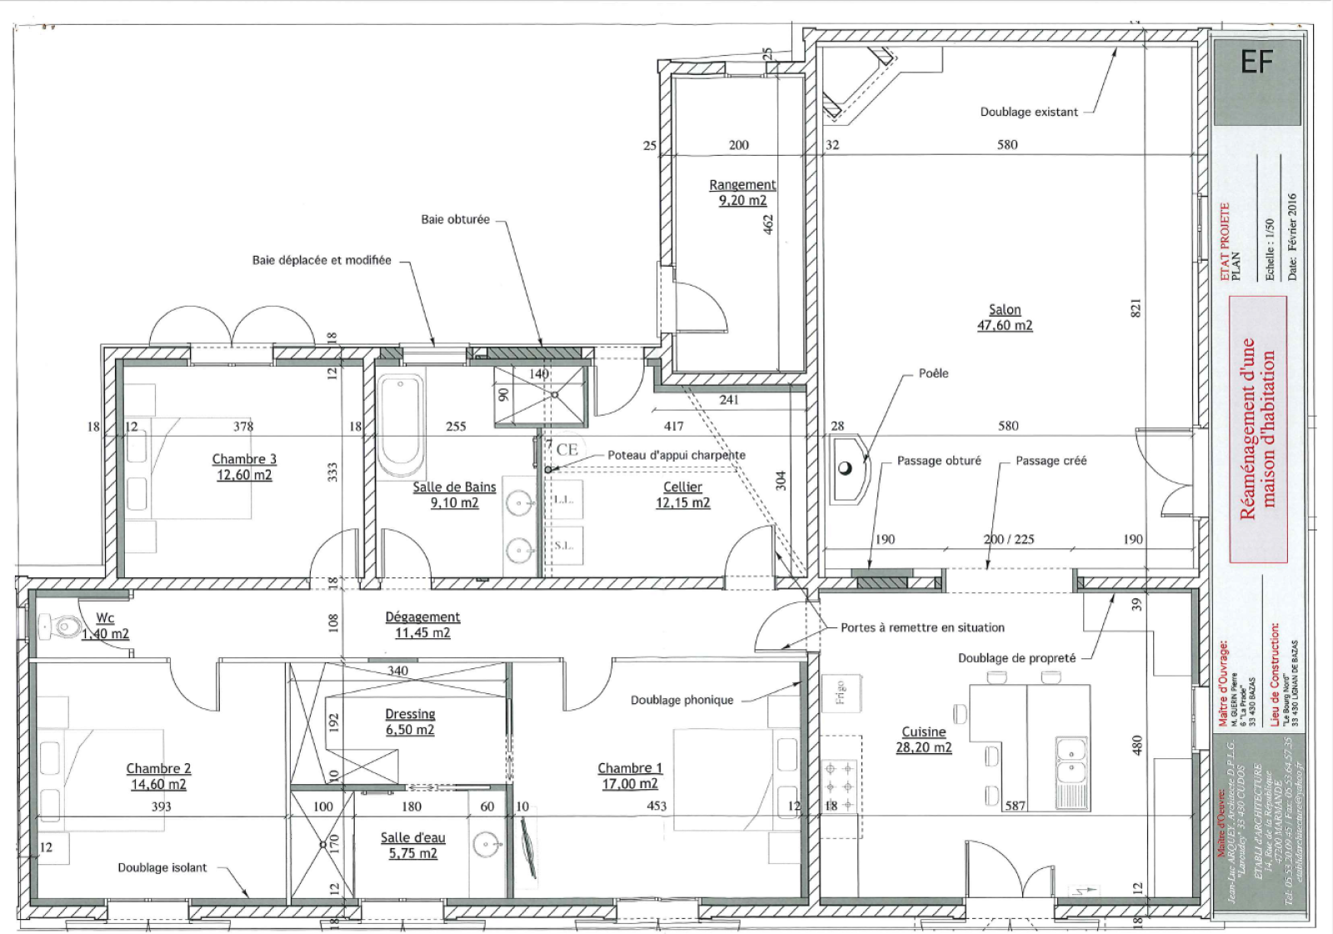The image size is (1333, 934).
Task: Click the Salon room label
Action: [1004, 310]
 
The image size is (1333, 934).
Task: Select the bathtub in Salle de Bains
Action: [401, 425]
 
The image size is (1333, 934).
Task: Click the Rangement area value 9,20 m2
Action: [742, 201]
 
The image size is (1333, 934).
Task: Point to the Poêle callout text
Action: [933, 373]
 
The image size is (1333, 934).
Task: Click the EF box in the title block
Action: [1256, 62]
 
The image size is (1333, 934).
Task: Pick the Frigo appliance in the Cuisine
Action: [840, 691]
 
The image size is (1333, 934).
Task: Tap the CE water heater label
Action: [567, 449]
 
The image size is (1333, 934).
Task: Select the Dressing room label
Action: [410, 714]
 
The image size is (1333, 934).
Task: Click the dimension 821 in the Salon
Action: [1136, 307]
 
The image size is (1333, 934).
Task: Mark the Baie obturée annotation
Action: [455, 220]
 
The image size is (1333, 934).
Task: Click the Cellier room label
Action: [682, 487]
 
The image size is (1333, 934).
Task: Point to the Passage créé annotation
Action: [1051, 461]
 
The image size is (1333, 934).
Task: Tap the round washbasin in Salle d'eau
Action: [487, 845]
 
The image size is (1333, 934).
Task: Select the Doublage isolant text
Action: [162, 868]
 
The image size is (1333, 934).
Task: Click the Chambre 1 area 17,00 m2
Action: [629, 784]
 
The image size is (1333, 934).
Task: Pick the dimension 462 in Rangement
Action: [768, 223]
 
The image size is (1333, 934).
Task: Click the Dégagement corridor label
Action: [422, 617]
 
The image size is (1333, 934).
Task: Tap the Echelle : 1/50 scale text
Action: [1269, 250]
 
